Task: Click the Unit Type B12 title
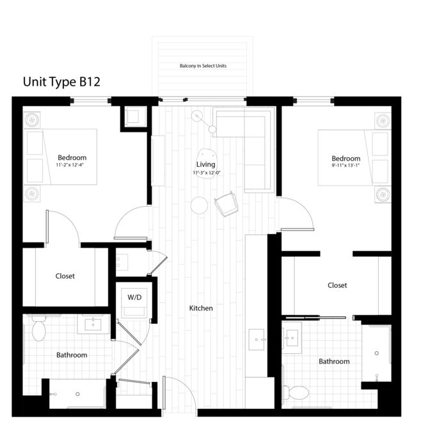click(x=61, y=82)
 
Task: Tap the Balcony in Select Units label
click(x=203, y=66)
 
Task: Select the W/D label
click(x=134, y=298)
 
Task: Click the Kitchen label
click(x=201, y=308)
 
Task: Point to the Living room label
click(x=205, y=164)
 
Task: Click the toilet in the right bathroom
click(x=296, y=392)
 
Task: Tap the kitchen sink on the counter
click(x=257, y=340)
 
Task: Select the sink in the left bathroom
click(x=93, y=324)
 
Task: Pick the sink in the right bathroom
click(x=292, y=338)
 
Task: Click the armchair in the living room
click(x=227, y=203)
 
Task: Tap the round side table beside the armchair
click(x=199, y=205)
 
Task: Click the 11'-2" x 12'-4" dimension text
click(x=70, y=165)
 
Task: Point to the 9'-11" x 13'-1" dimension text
click(x=346, y=166)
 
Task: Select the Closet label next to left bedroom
click(x=65, y=276)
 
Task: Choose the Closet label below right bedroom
click(x=337, y=285)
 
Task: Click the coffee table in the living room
click(x=207, y=163)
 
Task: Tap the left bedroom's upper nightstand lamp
click(x=32, y=120)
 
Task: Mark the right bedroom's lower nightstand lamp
click(x=383, y=195)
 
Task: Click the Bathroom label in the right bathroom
click(x=334, y=362)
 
